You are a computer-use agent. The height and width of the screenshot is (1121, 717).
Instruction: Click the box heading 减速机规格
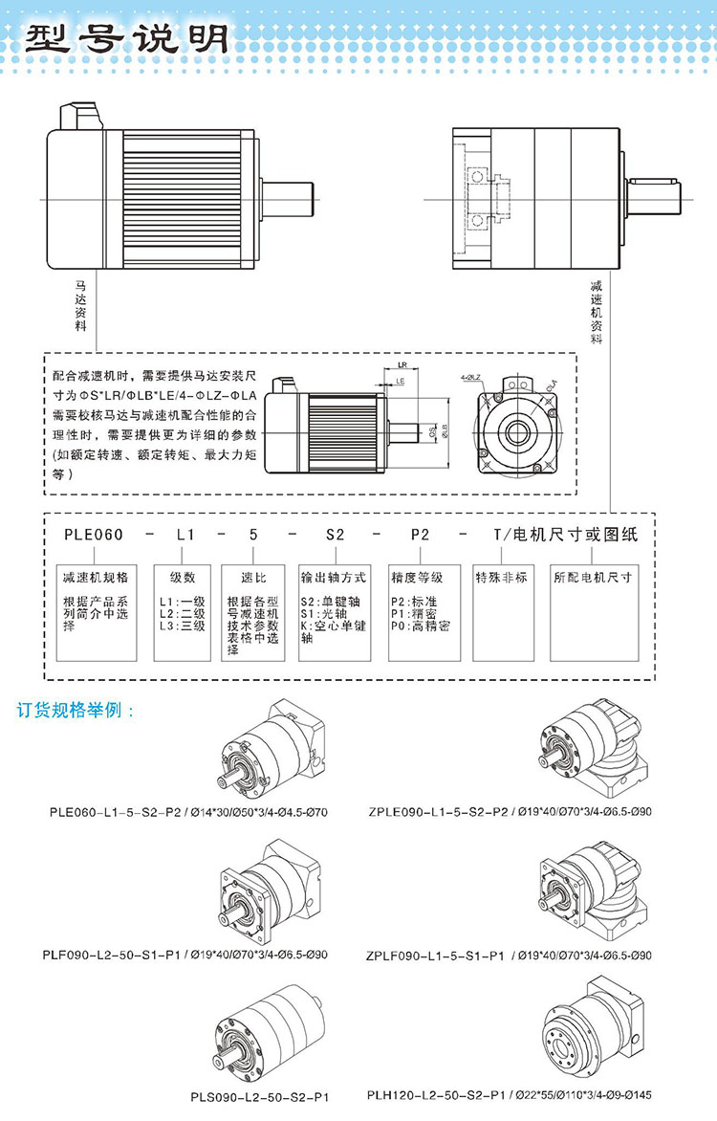tap(96, 579)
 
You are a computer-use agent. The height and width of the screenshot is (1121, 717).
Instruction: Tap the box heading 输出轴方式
tap(334, 579)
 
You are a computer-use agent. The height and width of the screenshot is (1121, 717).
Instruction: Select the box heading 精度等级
tap(418, 579)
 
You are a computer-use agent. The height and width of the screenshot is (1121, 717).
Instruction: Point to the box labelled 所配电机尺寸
tap(593, 579)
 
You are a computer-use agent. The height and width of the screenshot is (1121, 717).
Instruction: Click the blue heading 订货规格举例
tap(76, 712)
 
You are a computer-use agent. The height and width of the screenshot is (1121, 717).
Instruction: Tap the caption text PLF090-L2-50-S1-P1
tap(100, 955)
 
